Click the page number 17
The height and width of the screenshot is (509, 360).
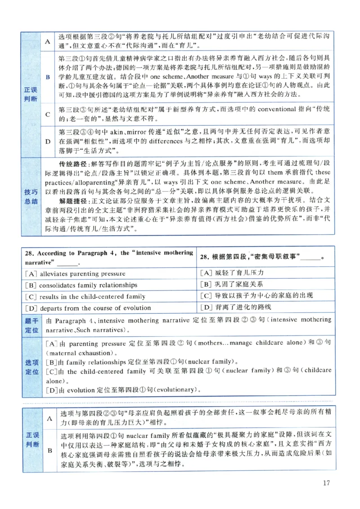click(327, 483)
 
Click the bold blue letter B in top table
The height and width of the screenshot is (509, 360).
click(47, 78)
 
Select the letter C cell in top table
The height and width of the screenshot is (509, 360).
click(47, 114)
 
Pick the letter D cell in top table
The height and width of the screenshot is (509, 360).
click(47, 141)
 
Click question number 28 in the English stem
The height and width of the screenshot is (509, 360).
click(28, 253)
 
